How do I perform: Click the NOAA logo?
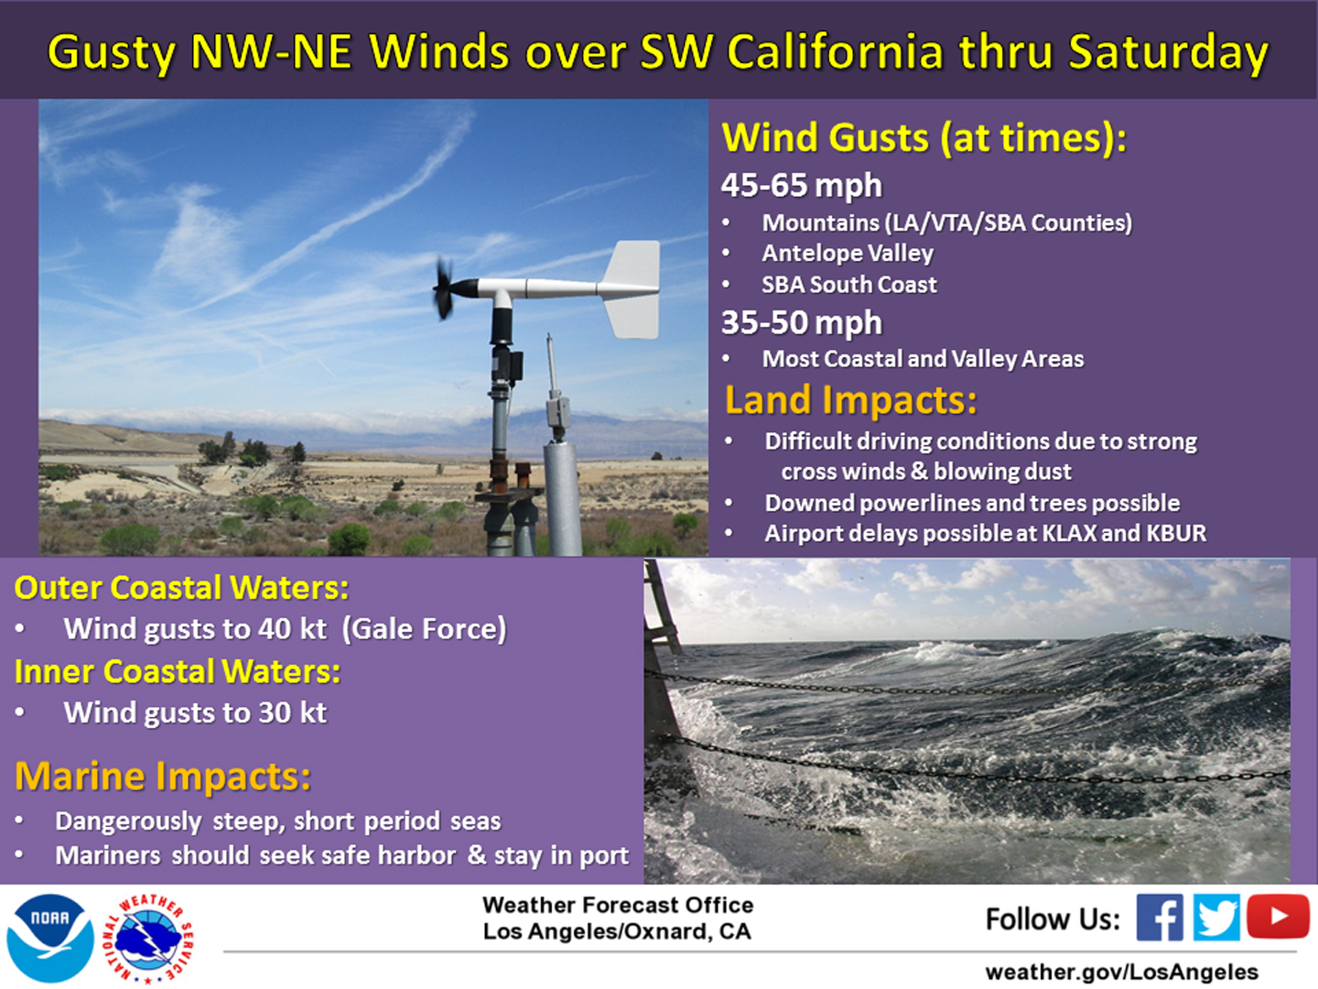(49, 938)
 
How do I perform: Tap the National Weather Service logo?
(149, 939)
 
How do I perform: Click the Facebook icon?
(1160, 917)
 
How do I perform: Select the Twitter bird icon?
(1215, 917)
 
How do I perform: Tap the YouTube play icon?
(1278, 916)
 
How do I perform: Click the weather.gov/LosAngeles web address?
(1121, 971)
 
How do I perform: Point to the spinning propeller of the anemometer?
(444, 288)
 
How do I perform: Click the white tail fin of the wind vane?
(631, 288)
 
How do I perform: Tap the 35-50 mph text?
(802, 322)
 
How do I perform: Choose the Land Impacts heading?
(851, 399)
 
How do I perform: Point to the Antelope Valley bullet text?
(848, 254)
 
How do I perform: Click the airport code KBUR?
(1176, 533)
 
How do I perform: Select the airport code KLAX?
(1064, 533)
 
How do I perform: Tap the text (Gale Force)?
(425, 629)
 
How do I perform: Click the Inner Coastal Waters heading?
(178, 670)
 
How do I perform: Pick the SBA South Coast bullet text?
(849, 285)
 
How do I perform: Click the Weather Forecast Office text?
(618, 905)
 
